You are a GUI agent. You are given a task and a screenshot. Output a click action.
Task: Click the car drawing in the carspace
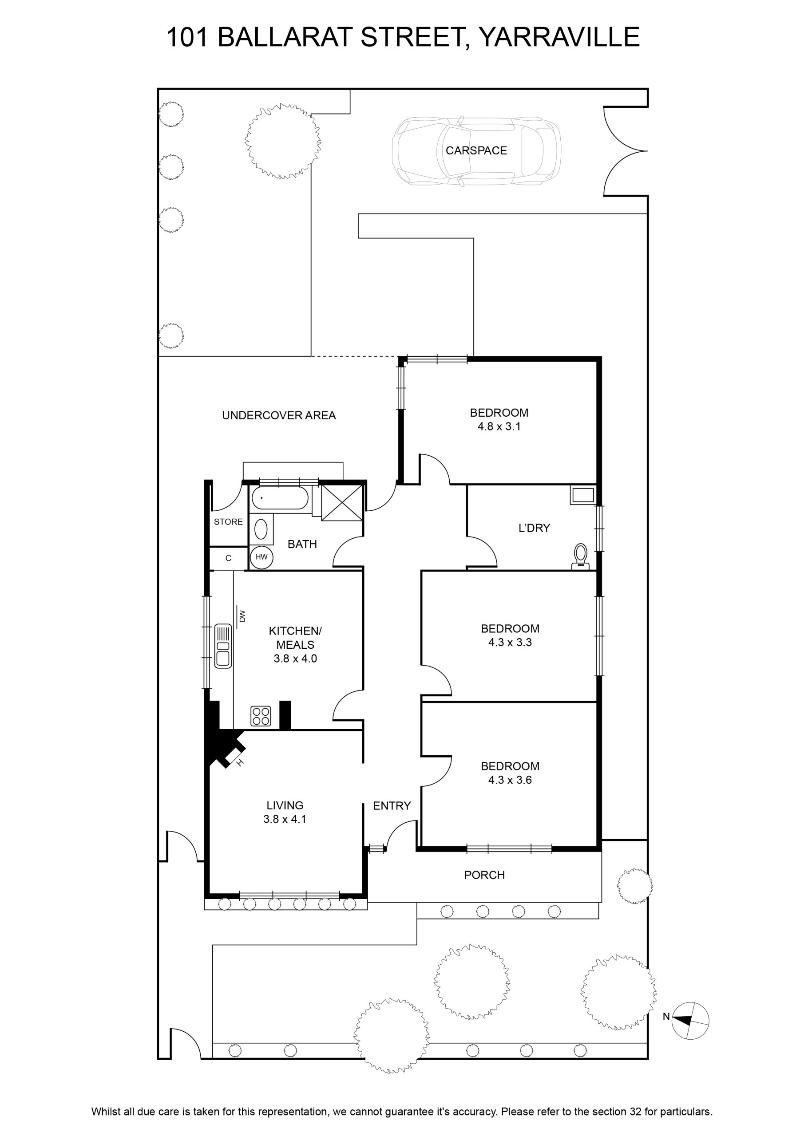coord(476,151)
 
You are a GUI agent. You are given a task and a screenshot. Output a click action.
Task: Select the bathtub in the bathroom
coord(280,498)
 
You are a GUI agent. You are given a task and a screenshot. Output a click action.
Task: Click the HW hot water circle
coord(261,557)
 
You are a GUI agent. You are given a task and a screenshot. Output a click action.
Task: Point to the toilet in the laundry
coord(581,556)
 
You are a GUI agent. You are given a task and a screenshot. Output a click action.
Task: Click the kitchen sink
coord(223,646)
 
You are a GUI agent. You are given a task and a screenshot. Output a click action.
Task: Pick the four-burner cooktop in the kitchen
coord(261,716)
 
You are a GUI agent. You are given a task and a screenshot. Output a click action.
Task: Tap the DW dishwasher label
coord(242,616)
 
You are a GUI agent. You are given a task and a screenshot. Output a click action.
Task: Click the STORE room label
coord(228,522)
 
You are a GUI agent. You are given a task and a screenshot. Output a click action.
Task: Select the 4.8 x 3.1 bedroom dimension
coord(499,426)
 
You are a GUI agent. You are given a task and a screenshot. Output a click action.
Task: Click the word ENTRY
coord(392,806)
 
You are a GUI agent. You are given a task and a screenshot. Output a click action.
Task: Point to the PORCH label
coord(484,875)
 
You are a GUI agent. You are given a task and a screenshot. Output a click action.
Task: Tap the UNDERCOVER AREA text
coord(279,416)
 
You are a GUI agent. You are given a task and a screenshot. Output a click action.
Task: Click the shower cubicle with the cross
coord(342,502)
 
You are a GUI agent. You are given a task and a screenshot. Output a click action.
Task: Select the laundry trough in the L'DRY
coord(583,495)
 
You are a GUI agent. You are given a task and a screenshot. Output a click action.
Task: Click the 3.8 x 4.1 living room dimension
coord(285,819)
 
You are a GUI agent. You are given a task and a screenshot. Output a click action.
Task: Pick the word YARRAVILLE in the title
coord(559,37)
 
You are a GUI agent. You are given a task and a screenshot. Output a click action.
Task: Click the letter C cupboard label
coord(228,559)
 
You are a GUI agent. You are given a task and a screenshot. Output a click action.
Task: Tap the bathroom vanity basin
coord(261,529)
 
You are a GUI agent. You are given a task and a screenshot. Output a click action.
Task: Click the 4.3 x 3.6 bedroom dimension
coord(510,780)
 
